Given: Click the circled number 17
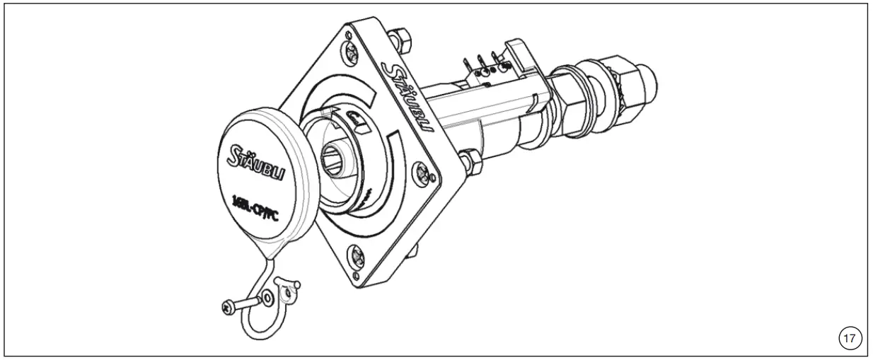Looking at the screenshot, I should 848,339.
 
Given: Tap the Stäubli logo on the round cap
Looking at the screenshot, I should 255,165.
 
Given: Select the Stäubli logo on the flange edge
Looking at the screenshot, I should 407,95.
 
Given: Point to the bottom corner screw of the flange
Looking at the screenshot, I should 357,255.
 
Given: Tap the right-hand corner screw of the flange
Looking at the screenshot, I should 423,170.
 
